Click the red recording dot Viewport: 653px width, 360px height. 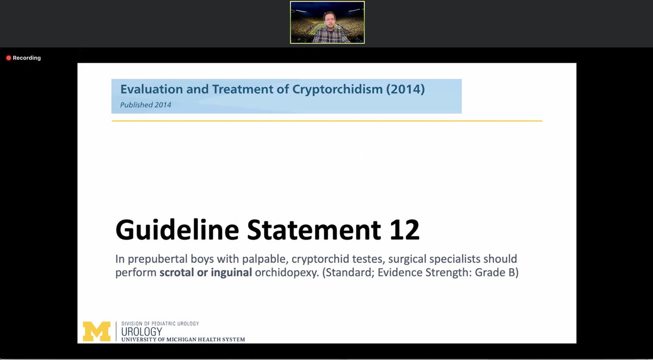click(9, 58)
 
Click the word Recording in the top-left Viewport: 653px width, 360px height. click(27, 58)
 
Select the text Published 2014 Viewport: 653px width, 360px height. click(145, 104)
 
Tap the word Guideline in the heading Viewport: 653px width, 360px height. click(177, 231)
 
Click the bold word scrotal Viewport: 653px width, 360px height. click(176, 272)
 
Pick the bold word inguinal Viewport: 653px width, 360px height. click(231, 272)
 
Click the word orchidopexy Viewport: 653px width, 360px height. click(286, 272)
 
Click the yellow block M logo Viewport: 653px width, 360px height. click(96, 332)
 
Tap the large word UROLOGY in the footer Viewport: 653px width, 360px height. click(141, 332)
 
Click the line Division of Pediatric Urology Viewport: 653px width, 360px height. click(160, 324)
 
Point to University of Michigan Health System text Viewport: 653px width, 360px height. click(183, 340)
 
